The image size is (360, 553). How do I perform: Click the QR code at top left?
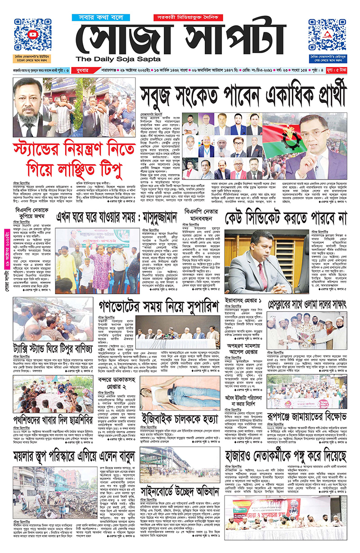32,35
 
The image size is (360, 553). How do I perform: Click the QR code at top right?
327,35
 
